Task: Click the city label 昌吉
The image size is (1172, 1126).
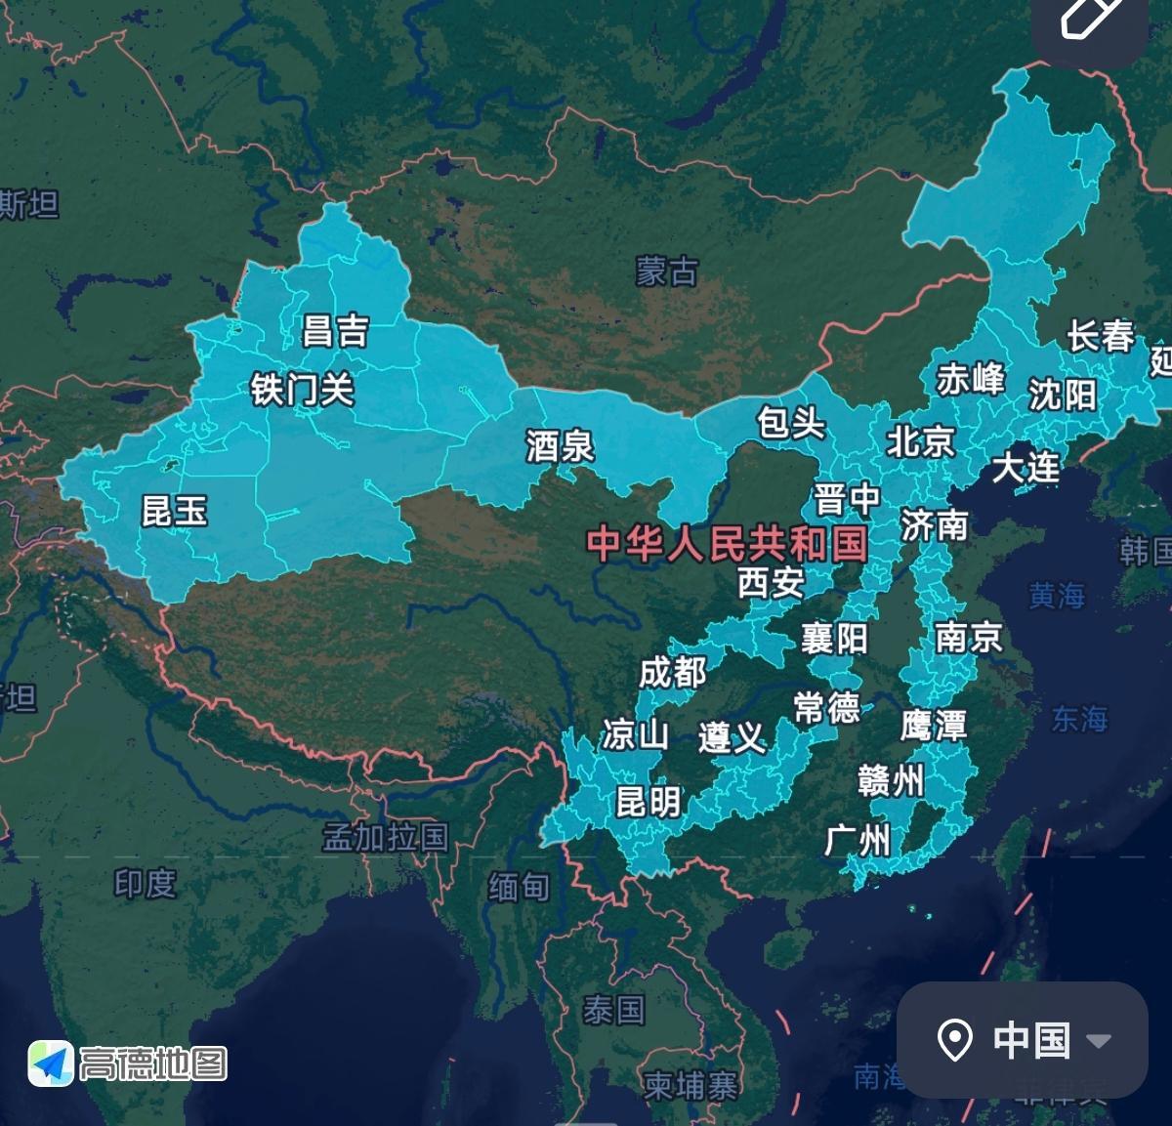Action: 335,331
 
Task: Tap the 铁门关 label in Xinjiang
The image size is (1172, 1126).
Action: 302,390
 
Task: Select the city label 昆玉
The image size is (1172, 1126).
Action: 175,510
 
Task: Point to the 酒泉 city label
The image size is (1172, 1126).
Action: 560,446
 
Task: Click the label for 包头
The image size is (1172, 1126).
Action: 791,423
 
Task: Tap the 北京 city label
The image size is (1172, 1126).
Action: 920,440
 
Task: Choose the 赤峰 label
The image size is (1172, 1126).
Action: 971,379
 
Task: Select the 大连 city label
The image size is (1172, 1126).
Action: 1025,467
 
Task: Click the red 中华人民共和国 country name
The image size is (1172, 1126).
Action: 728,543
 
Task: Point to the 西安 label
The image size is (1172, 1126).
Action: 771,583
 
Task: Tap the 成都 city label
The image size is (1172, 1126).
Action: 672,672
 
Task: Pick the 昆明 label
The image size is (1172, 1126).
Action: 648,802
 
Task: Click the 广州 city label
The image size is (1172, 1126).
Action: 858,838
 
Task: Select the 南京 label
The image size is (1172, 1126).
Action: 969,637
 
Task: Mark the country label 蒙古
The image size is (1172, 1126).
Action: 667,271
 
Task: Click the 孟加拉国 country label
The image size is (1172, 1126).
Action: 386,837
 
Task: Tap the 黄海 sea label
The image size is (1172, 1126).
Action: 1057,595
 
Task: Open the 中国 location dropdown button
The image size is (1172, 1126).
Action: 1022,1040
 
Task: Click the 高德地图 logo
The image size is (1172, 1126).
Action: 128,1063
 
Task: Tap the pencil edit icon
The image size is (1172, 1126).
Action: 1090,18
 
